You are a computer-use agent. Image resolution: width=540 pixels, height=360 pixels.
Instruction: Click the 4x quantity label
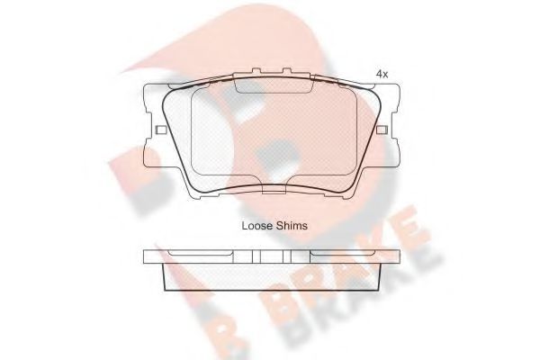click(382, 75)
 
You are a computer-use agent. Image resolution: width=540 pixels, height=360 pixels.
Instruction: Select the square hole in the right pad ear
click(382, 131)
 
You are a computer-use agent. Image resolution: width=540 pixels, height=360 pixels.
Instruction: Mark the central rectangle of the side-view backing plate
click(271, 256)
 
